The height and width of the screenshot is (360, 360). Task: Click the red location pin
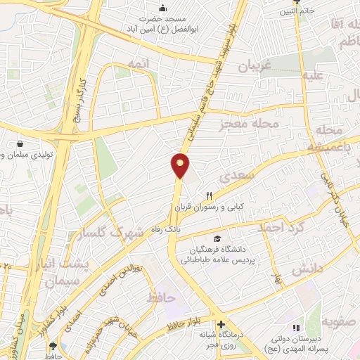pyautogui.click(x=181, y=165)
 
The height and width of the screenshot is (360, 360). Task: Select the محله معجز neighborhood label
pyautogui.click(x=250, y=124)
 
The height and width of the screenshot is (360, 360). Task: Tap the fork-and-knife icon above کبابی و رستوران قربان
pyautogui.click(x=208, y=195)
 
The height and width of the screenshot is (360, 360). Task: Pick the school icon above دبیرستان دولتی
pyautogui.click(x=297, y=327)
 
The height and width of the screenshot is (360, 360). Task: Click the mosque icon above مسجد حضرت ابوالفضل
pyautogui.click(x=162, y=8)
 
